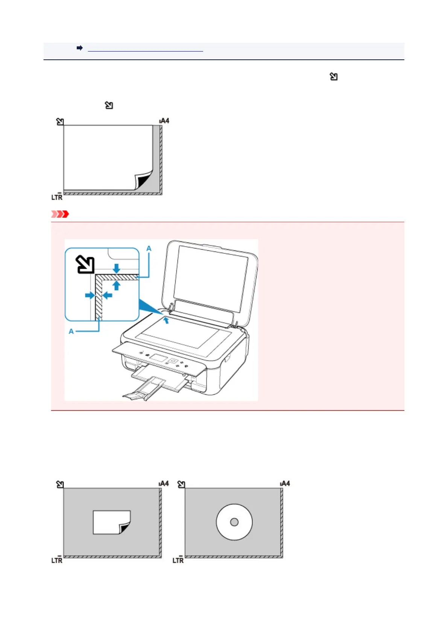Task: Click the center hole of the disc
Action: (234, 522)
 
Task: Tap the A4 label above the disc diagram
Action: (285, 483)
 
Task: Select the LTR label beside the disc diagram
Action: (178, 560)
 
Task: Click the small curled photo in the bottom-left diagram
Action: (112, 522)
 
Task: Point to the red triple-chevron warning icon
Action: (60, 214)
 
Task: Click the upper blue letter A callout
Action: (149, 248)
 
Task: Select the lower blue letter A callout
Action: (71, 331)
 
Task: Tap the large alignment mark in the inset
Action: (85, 264)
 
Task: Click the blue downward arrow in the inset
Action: (117, 268)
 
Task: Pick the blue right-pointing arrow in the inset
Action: (90, 295)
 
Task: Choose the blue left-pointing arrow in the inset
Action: (108, 295)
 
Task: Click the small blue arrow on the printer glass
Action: (166, 320)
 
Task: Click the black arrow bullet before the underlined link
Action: (80, 48)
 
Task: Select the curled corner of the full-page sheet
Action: (143, 181)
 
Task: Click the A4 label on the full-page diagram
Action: (164, 121)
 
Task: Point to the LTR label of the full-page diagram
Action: (57, 197)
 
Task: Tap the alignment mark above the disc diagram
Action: (181, 484)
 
